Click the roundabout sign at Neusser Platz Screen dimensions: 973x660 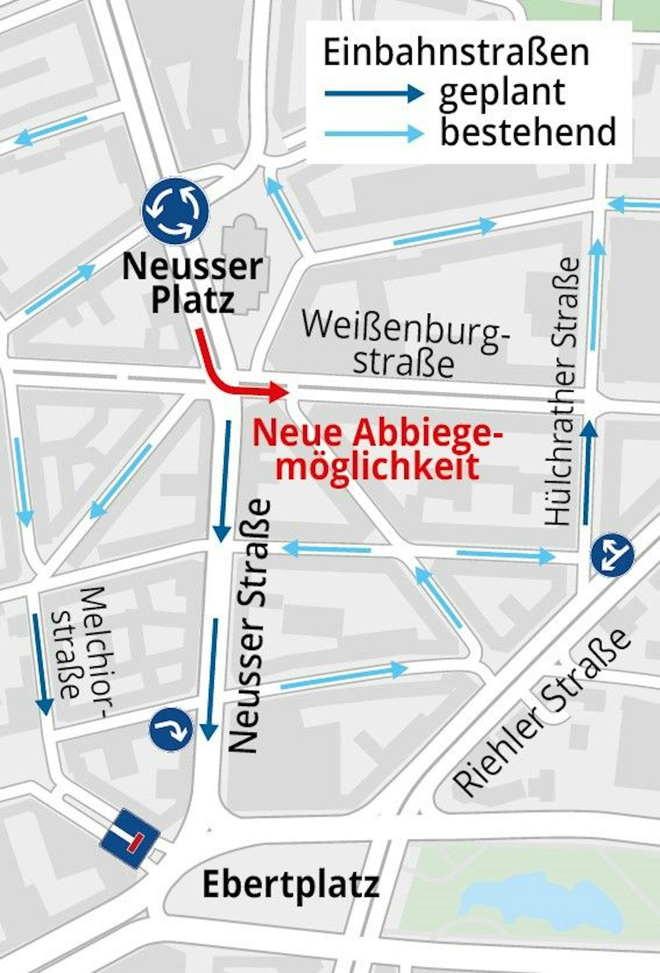175,211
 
